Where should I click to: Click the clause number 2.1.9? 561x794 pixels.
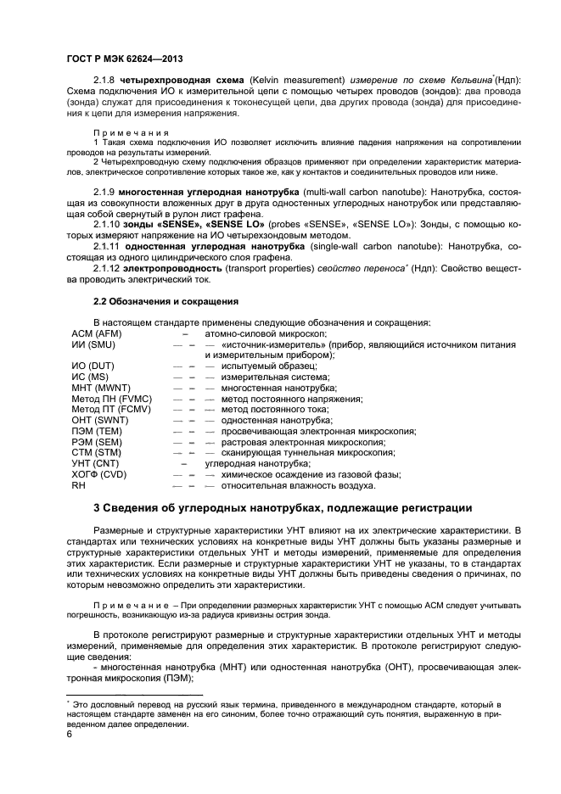[x=105, y=191]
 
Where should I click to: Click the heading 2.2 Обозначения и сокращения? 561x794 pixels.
[x=165, y=301]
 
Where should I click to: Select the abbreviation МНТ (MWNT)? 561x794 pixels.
[x=100, y=387]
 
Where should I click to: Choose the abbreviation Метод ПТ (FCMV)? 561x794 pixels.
[x=111, y=409]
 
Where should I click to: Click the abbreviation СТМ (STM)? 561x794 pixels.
[x=96, y=453]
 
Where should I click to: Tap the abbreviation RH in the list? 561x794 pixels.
[x=78, y=485]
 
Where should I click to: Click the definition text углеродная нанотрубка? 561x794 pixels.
[x=257, y=464]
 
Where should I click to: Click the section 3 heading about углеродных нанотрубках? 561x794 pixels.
[x=282, y=508]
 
